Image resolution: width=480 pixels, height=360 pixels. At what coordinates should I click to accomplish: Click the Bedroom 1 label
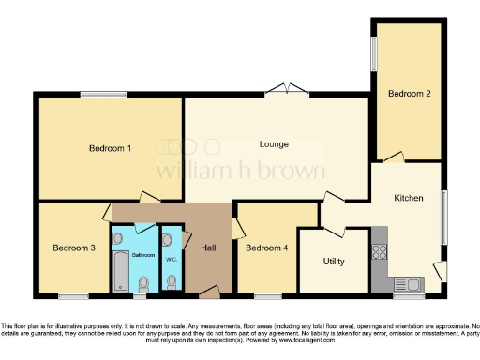pos(110,148)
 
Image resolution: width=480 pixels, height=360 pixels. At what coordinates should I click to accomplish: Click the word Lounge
pos(274,143)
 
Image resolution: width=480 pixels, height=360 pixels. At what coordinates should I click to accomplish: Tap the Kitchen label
pos(409,198)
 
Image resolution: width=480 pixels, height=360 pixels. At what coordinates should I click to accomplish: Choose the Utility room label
pos(335,261)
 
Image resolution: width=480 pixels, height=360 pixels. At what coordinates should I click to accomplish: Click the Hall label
pos(209,247)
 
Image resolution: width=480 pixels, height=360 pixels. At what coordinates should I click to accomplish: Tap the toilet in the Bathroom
pos(143,282)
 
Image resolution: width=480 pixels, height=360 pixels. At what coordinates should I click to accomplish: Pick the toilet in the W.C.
pos(172,278)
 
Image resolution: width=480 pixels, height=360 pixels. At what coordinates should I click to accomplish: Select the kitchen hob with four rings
pos(381,251)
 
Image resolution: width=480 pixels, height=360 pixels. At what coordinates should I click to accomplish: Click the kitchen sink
pos(409,283)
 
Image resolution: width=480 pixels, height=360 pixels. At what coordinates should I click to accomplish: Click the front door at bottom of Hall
pos(210,294)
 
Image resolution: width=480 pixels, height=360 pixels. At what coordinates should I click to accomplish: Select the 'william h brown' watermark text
pos(240,171)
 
